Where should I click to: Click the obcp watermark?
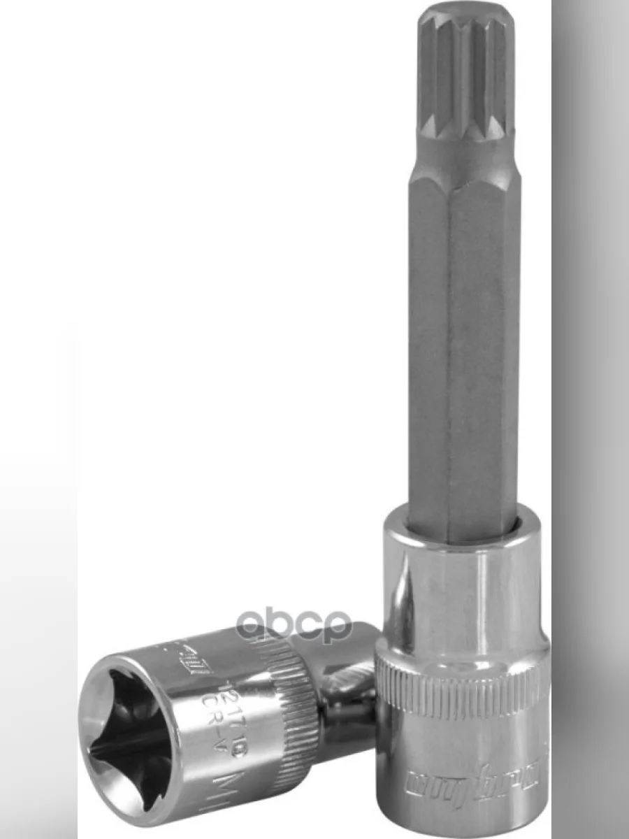pos(294,624)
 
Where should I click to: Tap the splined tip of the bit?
pos(464,77)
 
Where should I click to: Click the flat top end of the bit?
pos(465,14)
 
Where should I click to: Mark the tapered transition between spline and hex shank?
pos(464,157)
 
